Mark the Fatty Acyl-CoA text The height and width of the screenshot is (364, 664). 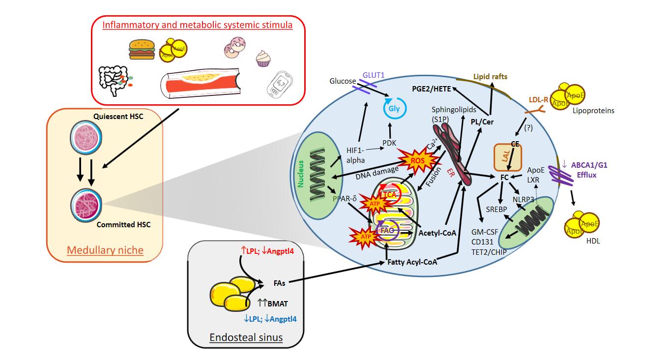tap(412, 262)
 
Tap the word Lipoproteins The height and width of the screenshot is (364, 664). tap(593, 111)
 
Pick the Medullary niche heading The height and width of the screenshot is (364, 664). tap(105, 250)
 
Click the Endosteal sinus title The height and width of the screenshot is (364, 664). tap(246, 337)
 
